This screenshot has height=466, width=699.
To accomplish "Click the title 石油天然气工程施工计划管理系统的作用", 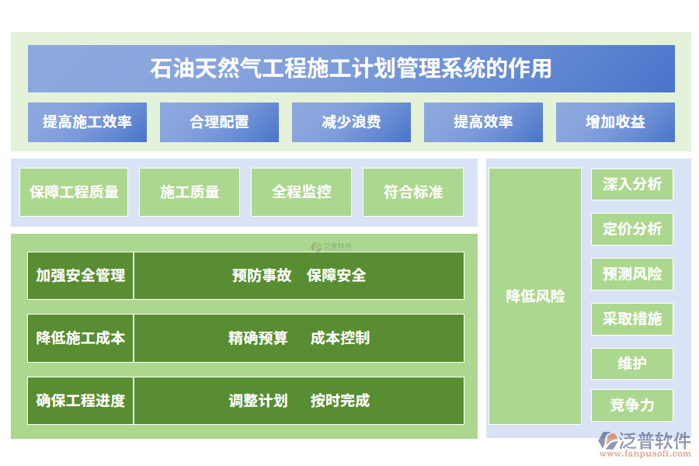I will coord(351,68).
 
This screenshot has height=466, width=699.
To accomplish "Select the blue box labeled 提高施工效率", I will coord(87,122).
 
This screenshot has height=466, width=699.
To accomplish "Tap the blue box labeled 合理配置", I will coord(219,122).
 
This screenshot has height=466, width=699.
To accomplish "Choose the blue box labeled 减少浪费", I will coord(351,122).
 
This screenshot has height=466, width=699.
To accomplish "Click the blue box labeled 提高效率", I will coord(483,122).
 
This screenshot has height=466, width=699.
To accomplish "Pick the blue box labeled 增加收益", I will coord(615,122).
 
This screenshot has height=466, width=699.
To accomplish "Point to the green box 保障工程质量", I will coord(75,192).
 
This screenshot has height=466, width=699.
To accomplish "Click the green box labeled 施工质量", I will coord(190,192).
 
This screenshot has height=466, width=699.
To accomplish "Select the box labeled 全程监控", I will coord(301,192).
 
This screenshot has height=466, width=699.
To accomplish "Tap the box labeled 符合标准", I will coord(413,192).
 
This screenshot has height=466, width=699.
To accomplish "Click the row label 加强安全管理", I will coord(81,275).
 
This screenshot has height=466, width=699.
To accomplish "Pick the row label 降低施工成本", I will coord(81,338).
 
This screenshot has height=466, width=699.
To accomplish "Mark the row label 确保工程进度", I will coord(81,401).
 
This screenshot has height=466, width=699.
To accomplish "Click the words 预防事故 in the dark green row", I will coord(262,275).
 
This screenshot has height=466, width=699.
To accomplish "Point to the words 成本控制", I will coord(340,338).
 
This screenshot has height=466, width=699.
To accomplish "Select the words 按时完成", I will coord(340,401).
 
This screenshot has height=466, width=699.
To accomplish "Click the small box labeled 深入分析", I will coord(632,184).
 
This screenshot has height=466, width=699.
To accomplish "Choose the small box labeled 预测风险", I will coord(632,274).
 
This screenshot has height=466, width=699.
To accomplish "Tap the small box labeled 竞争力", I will coord(632,405).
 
